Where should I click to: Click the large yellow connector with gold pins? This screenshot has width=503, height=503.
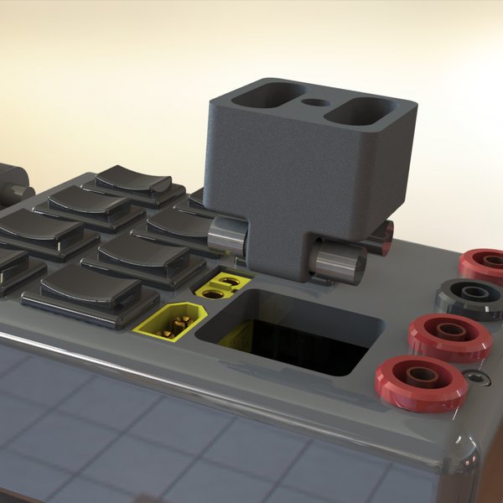coord(174,320)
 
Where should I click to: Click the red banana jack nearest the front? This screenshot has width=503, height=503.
coord(422,381)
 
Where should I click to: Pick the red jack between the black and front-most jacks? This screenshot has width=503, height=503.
coord(449,336)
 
